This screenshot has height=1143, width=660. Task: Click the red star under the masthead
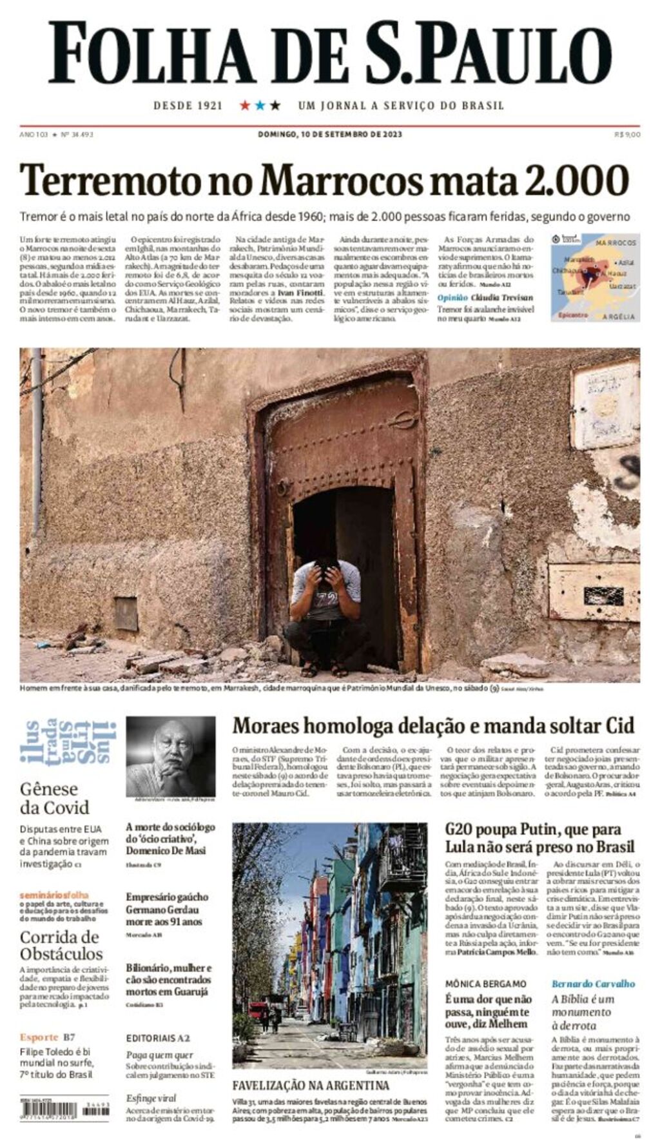click(x=245, y=105)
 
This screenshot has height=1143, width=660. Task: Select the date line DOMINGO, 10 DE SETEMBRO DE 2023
click(x=329, y=134)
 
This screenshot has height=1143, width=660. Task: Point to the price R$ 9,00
click(x=627, y=134)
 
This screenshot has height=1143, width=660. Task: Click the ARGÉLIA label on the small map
click(x=619, y=317)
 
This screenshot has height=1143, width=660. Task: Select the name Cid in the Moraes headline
click(x=619, y=725)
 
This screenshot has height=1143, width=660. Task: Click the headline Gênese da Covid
click(x=54, y=798)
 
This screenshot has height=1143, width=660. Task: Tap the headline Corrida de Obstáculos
click(x=61, y=945)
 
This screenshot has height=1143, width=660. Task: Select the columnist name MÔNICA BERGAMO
click(x=485, y=984)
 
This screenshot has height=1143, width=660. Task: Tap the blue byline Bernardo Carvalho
click(x=593, y=984)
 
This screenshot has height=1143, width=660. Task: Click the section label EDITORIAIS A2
click(x=158, y=1038)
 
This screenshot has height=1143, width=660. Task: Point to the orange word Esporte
click(x=39, y=1037)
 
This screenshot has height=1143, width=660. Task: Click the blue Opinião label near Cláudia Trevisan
click(x=452, y=297)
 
